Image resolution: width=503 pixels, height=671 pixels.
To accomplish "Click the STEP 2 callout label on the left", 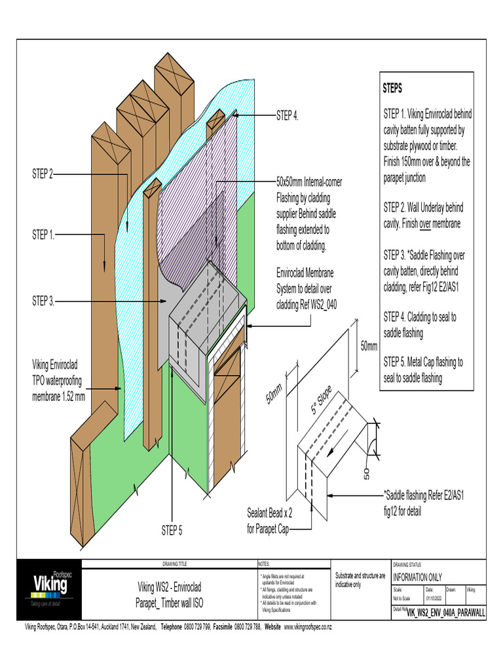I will tap(43, 174).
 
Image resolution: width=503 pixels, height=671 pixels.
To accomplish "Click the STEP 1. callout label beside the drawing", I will tap(44, 235).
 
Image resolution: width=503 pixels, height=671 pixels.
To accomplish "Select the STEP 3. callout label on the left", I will tap(44, 301).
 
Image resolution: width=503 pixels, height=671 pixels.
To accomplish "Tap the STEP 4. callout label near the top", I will tap(287, 116).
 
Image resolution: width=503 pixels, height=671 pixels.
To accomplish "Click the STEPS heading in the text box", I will tap(392, 88).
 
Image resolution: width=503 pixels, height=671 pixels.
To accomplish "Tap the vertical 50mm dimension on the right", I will tap(369, 345).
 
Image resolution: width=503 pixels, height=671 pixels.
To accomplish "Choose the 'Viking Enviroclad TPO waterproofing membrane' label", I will tap(59, 380).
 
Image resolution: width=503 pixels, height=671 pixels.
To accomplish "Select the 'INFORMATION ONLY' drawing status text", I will tap(417, 577).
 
